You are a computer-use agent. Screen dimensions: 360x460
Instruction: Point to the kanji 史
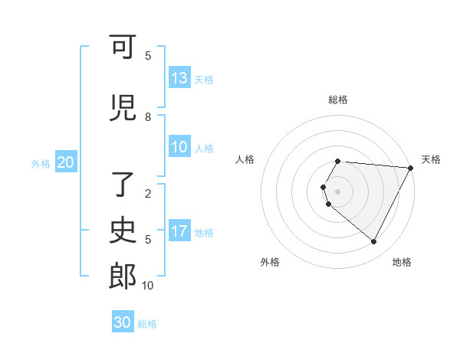point(123,230)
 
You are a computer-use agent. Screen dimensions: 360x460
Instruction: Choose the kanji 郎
point(123,277)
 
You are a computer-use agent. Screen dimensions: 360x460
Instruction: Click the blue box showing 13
point(179,78)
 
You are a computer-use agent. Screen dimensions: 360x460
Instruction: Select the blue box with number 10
point(179,148)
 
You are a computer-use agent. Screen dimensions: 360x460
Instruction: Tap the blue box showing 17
point(179,231)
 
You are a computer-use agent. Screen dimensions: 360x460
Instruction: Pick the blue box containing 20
point(66,162)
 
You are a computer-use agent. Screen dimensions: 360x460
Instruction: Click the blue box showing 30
point(123,322)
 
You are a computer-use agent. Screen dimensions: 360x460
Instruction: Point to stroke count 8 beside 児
point(148,117)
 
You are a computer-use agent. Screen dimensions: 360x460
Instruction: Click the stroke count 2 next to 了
point(148,194)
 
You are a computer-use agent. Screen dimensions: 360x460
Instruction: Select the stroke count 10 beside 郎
point(148,286)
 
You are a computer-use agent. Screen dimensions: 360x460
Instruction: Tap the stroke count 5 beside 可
point(148,56)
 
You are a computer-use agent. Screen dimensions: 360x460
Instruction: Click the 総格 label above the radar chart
point(338,100)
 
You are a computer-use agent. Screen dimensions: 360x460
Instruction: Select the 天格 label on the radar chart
point(431,159)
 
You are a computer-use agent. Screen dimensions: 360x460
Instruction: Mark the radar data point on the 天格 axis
point(411,168)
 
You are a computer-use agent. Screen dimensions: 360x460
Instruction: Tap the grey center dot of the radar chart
point(338,191)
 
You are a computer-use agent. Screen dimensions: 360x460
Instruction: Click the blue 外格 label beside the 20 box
point(40,163)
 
